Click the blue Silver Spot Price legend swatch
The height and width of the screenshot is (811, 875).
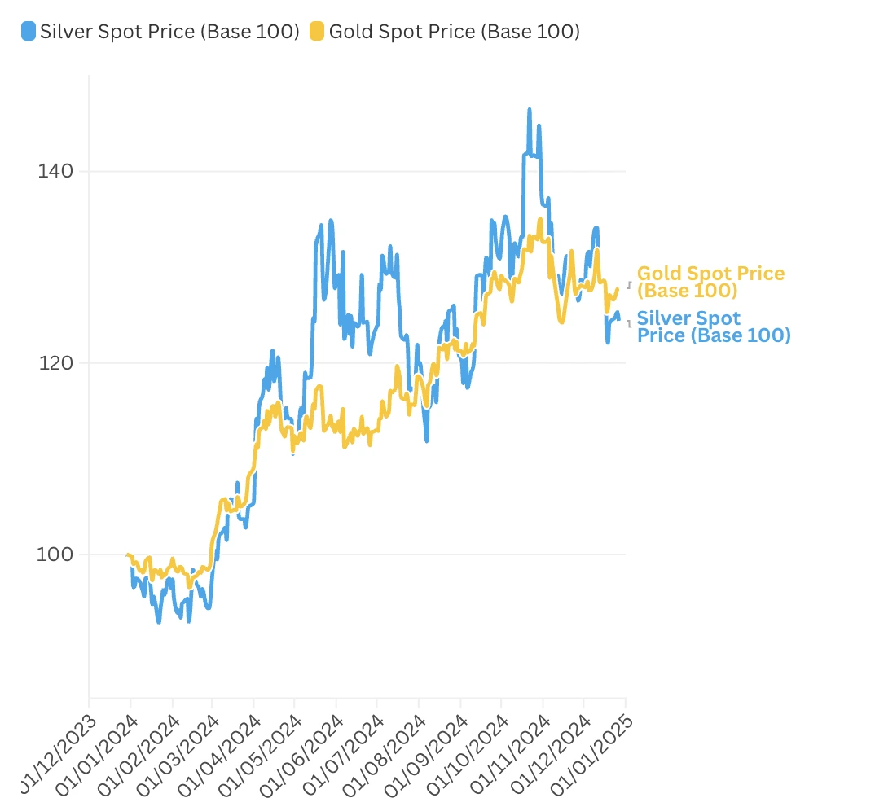[x=29, y=32]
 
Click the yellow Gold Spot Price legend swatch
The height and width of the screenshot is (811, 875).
[x=316, y=32]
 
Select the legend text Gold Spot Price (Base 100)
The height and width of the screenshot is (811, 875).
[x=454, y=32]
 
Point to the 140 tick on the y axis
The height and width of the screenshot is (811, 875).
[x=55, y=171]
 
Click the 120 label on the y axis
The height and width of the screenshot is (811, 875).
[x=55, y=362]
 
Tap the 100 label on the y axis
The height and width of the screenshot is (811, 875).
[x=55, y=554]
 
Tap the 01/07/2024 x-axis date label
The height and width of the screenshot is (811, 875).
[x=342, y=749]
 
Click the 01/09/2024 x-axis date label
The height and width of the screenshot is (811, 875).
[x=425, y=749]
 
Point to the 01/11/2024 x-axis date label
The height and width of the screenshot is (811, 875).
[x=508, y=749]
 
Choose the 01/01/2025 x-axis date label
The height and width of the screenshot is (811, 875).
[x=591, y=749]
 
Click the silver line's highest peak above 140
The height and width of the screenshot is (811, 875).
[x=529, y=110]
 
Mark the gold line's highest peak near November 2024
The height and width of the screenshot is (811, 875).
[x=540, y=219]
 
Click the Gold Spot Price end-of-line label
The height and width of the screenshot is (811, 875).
[x=710, y=282]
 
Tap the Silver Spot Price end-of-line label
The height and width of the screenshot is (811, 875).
[x=713, y=327]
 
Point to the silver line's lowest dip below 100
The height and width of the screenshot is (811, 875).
[x=159, y=621]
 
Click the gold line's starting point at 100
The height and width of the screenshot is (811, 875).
[x=128, y=555]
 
